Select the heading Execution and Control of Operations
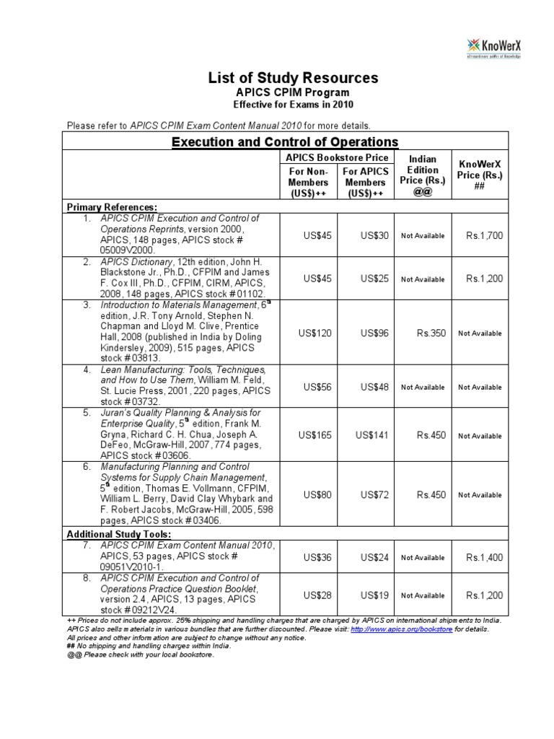(x=284, y=141)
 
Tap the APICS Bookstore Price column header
(x=337, y=157)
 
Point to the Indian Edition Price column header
(x=422, y=176)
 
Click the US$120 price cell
(x=315, y=333)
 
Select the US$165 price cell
(x=315, y=436)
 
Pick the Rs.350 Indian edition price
(x=431, y=333)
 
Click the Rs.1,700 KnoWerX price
(x=485, y=235)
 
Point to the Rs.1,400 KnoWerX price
(x=485, y=557)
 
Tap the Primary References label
(x=112, y=207)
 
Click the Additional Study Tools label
(x=119, y=534)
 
